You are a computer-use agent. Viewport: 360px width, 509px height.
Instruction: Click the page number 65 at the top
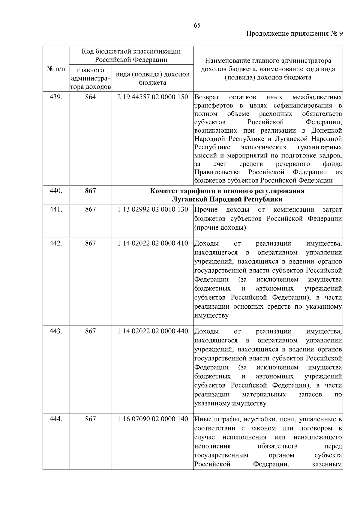(x=197, y=25)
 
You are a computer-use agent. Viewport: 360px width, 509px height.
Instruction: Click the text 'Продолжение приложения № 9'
(x=294, y=34)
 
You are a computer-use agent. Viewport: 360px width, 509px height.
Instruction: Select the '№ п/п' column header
(x=56, y=69)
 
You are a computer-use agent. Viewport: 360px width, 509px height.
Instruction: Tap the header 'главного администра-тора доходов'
(x=90, y=79)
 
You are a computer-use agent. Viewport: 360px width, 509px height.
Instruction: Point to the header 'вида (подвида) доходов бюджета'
(x=152, y=78)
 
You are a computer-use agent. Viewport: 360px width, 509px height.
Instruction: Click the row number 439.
(x=56, y=97)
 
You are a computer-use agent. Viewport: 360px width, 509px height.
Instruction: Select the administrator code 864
(x=90, y=97)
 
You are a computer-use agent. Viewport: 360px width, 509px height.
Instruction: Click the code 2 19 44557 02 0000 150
(x=153, y=97)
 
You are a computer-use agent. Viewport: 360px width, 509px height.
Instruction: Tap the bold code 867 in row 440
(x=90, y=191)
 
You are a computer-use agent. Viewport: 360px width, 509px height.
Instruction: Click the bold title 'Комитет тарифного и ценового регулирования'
(x=227, y=191)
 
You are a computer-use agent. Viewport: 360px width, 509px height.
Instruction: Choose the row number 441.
(x=56, y=210)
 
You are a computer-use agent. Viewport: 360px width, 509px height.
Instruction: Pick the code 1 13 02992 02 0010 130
(x=153, y=210)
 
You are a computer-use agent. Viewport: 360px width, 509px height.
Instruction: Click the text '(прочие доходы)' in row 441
(x=220, y=228)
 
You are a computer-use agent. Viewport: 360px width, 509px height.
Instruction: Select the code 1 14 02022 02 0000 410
(x=153, y=243)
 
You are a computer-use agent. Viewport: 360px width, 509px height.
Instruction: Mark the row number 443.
(x=56, y=331)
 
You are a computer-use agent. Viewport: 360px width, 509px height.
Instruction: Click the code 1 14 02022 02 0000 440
(x=153, y=331)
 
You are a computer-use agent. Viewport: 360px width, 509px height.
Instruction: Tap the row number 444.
(x=56, y=419)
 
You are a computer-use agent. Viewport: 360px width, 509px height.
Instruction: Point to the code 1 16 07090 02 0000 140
(x=153, y=419)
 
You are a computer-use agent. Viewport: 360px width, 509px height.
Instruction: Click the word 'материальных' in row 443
(x=264, y=394)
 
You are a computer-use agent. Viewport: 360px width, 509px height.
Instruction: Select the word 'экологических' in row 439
(x=263, y=147)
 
